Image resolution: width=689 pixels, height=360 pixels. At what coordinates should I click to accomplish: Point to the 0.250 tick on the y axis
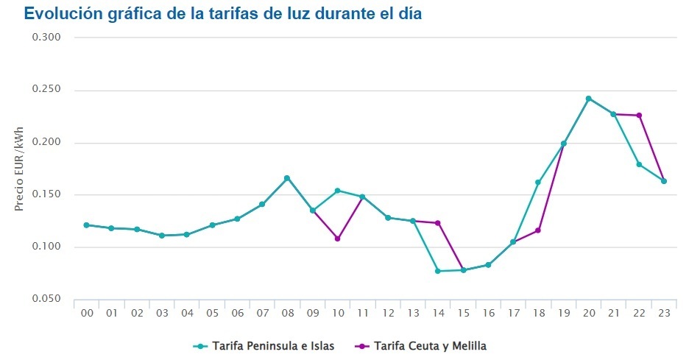46,91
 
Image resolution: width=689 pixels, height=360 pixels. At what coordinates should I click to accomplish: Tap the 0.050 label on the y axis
46,299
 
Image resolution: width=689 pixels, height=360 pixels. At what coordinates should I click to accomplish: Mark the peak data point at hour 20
588,98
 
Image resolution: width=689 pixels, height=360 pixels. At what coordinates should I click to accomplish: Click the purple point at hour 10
337,239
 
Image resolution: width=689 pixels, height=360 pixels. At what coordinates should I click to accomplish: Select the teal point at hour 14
437,271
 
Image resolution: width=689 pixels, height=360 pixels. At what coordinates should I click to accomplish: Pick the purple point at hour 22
639,116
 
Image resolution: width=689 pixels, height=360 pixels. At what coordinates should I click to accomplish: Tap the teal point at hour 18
538,182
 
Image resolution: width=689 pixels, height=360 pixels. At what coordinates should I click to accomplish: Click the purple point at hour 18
538,230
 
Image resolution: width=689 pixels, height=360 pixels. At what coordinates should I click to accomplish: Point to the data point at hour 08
287,178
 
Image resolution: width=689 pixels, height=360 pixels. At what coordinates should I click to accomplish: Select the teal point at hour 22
639,164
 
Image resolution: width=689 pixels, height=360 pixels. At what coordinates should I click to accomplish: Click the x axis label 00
87,314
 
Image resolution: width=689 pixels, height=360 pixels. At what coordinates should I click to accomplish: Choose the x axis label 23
664,314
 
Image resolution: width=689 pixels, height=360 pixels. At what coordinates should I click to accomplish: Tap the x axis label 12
388,314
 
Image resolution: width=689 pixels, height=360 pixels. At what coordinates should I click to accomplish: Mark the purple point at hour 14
437,223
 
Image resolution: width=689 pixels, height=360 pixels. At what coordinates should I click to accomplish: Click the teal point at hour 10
337,191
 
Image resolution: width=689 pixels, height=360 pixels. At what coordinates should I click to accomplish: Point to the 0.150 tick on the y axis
46,195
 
